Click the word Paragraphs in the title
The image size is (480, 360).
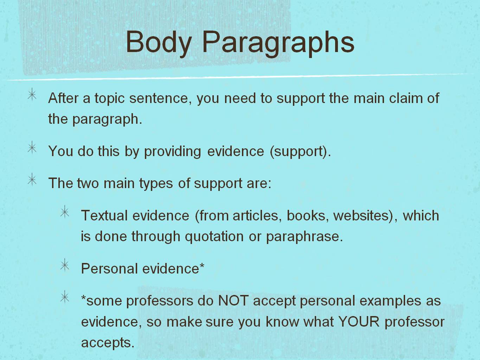(278, 44)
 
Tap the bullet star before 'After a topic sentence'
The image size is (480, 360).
(32, 95)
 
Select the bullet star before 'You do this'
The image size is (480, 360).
(32, 147)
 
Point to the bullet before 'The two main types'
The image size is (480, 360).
(32, 179)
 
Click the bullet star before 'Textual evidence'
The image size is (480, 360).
(65, 212)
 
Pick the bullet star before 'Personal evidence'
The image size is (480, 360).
(65, 265)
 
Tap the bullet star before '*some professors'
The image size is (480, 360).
(65, 297)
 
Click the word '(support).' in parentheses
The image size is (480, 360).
(300, 152)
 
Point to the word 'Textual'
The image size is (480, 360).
(104, 216)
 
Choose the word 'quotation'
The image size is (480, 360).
(214, 237)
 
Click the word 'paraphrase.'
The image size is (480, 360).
(305, 237)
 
